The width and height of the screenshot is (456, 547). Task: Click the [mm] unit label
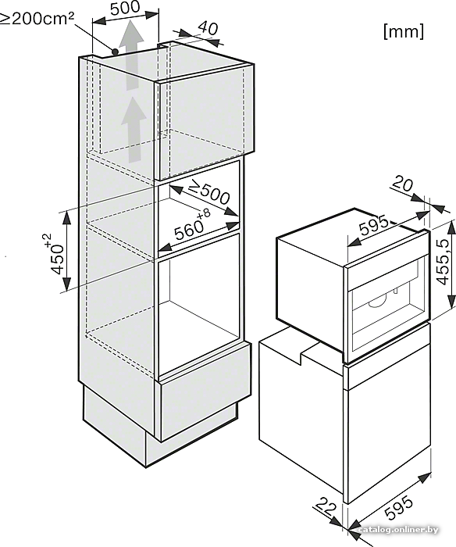404,31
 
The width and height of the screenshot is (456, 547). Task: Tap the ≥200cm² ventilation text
37,19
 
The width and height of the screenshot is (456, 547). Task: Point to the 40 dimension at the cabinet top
208,28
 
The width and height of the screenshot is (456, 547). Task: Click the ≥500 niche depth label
208,193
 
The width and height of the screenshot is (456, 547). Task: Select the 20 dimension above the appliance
403,184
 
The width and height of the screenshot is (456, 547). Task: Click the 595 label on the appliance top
373,225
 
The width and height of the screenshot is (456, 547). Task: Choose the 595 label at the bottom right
399,508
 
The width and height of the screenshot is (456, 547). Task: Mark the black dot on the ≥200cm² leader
115,52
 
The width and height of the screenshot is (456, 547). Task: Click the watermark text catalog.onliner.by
398,530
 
